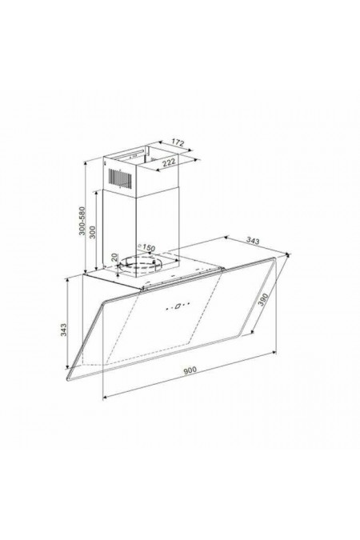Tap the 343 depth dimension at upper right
pos(253,239)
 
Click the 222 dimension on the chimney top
pos(169,162)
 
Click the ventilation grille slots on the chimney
pos(119,173)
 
